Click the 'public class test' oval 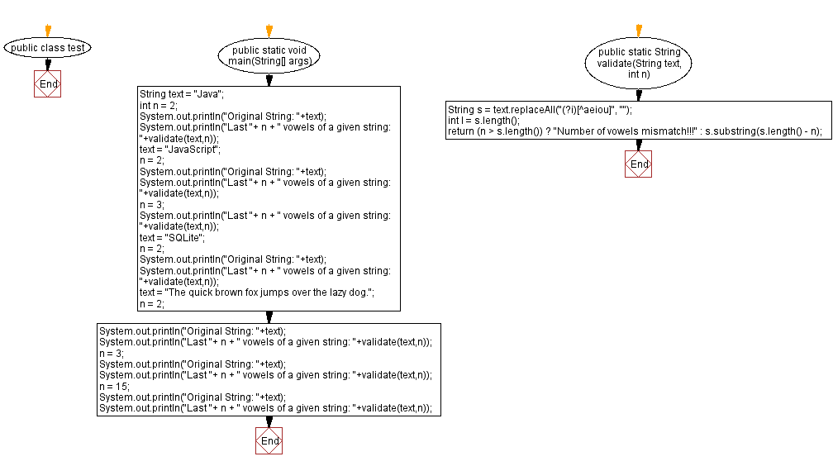48,48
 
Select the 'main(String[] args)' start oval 269,56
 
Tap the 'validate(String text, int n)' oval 639,63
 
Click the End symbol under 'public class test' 48,84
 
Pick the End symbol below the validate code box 639,164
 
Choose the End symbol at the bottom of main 269,441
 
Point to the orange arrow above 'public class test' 48,31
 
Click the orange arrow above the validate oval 639,31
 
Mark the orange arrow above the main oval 269,31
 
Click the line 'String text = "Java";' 182,94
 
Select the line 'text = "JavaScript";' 180,150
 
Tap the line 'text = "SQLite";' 174,237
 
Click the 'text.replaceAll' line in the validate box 540,110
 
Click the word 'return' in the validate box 460,131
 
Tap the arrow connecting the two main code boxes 269,317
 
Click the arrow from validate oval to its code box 639,95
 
